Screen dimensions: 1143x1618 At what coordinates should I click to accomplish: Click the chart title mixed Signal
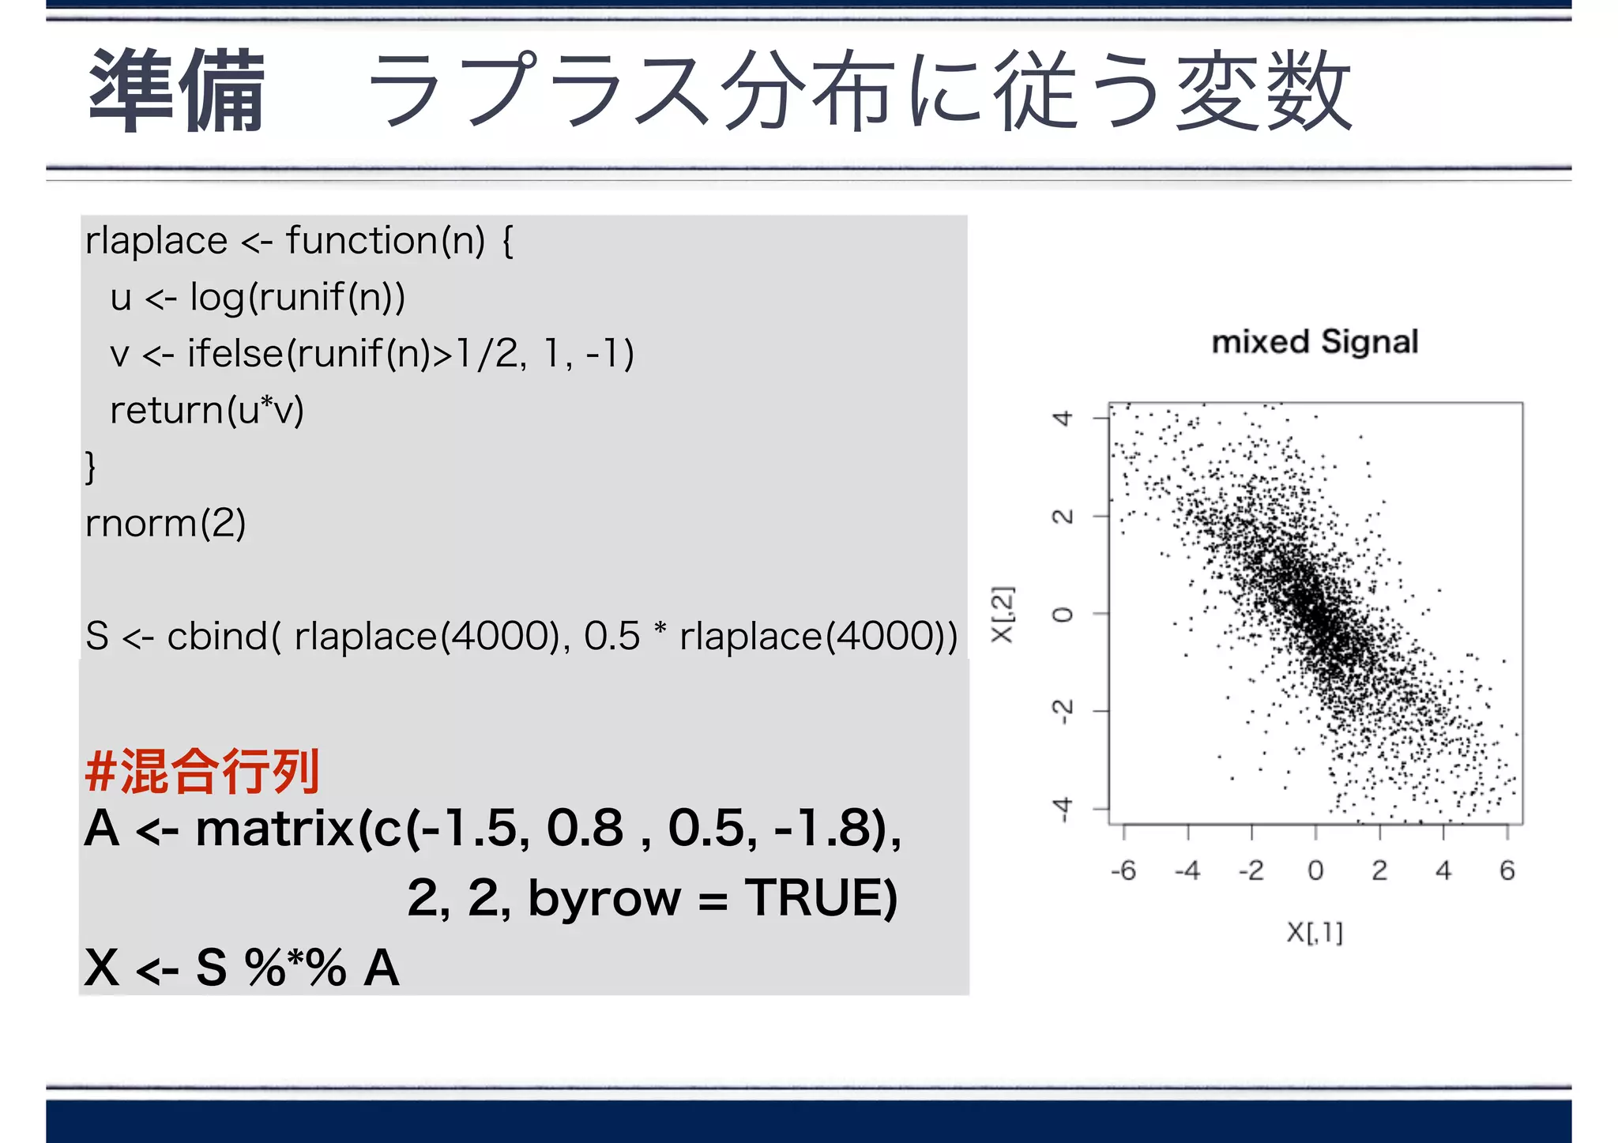point(1315,342)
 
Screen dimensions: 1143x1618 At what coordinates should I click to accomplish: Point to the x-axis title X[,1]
point(1315,932)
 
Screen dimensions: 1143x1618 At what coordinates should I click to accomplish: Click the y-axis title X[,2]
point(1002,615)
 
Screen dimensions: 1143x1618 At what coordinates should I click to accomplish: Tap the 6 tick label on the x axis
point(1507,870)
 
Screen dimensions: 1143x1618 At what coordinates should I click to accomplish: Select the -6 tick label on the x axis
point(1123,870)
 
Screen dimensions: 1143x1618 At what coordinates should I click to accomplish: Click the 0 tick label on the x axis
point(1315,870)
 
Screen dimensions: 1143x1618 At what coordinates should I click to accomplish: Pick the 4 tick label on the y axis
point(1063,418)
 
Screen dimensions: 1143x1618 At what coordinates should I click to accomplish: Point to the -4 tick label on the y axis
point(1063,809)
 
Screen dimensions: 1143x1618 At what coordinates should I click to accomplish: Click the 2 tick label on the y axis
point(1063,516)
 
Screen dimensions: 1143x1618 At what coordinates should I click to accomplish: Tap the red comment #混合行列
point(202,772)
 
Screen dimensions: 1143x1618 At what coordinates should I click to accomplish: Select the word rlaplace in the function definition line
point(156,240)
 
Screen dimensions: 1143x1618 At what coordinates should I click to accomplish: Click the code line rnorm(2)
point(166,523)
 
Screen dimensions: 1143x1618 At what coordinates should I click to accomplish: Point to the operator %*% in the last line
point(295,967)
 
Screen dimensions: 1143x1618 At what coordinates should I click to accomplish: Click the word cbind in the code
point(216,636)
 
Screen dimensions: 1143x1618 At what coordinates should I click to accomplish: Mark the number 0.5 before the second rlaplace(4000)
point(611,636)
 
